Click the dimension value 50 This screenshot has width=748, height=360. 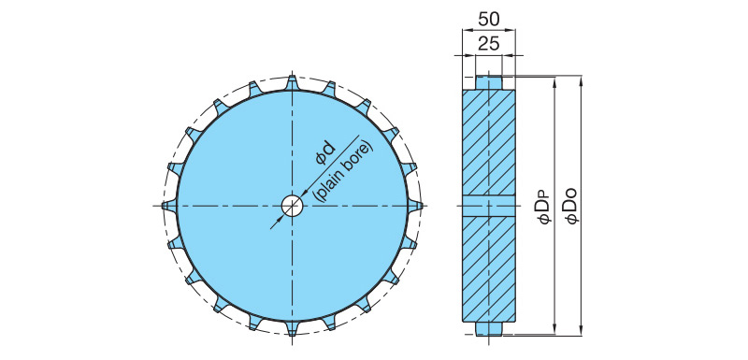pos(488,19)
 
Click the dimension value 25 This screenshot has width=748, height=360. pos(488,44)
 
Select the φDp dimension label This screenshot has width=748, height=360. pos(545,206)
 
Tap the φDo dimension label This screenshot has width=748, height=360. pos(571,206)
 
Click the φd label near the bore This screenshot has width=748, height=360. pos(325,154)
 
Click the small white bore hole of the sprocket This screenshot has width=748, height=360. pos(293,206)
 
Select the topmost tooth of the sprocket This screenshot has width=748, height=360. pos(293,83)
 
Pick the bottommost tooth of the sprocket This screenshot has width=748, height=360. pos(293,328)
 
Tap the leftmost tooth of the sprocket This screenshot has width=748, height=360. pos(169,206)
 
